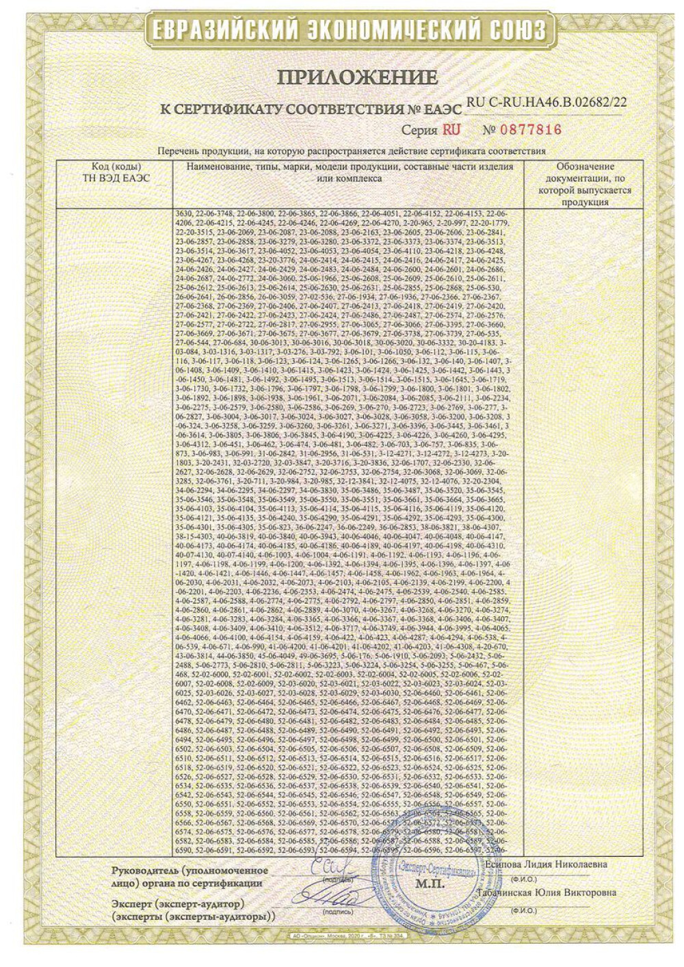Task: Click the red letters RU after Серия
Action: [451, 129]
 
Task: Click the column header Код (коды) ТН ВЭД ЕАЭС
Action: [116, 172]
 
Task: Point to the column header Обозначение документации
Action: [585, 184]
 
